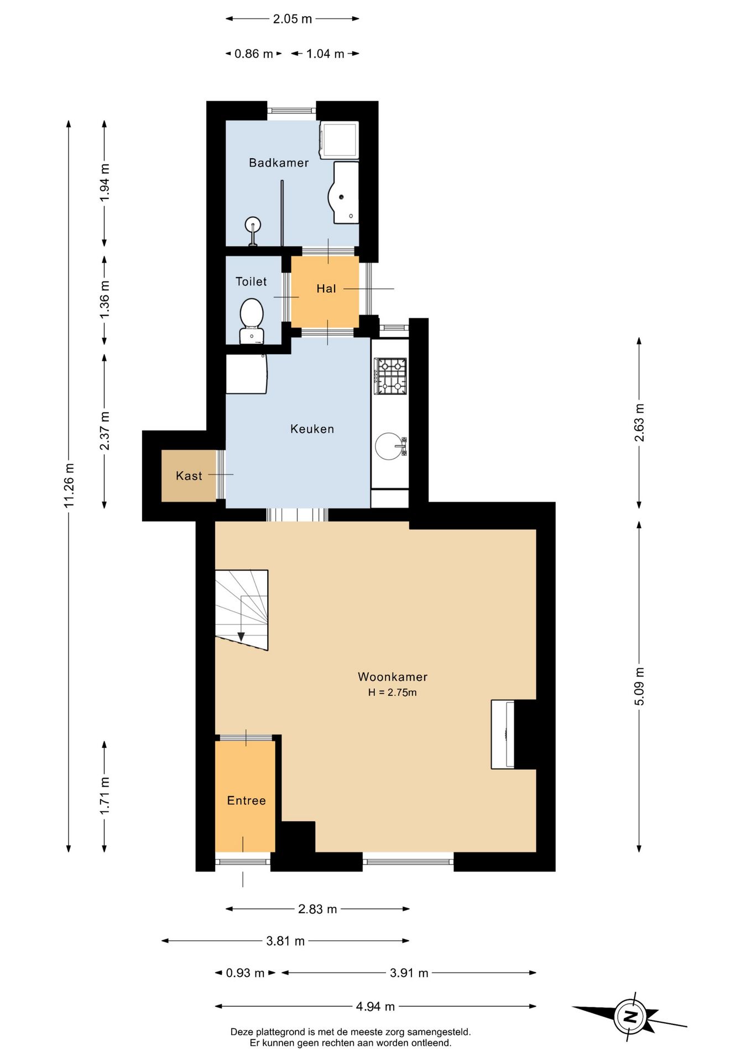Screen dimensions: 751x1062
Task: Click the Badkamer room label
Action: (x=279, y=163)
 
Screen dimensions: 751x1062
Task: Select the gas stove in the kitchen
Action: (x=390, y=376)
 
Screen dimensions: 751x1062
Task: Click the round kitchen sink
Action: (x=389, y=446)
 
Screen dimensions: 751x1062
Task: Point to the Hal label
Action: (x=326, y=288)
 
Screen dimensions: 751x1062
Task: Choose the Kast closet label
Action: (x=189, y=476)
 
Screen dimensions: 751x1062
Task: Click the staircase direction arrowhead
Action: (x=241, y=637)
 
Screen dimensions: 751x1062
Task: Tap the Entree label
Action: (x=247, y=800)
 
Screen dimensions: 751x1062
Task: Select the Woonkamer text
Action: (x=393, y=676)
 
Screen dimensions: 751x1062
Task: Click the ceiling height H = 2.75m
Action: (x=393, y=693)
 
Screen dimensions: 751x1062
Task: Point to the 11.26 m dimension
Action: (x=69, y=486)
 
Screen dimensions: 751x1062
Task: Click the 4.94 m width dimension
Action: (x=375, y=1006)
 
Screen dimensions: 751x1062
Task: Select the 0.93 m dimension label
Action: (x=245, y=973)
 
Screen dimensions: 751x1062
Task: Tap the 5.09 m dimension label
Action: (x=639, y=686)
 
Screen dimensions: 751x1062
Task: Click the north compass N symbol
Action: (x=630, y=1017)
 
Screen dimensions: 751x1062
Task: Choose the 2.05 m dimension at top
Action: (x=293, y=19)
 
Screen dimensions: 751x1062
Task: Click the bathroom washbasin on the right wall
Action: (x=345, y=192)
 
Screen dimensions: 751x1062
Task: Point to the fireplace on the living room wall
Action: (x=503, y=735)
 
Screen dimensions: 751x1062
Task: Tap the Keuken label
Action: (x=312, y=429)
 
